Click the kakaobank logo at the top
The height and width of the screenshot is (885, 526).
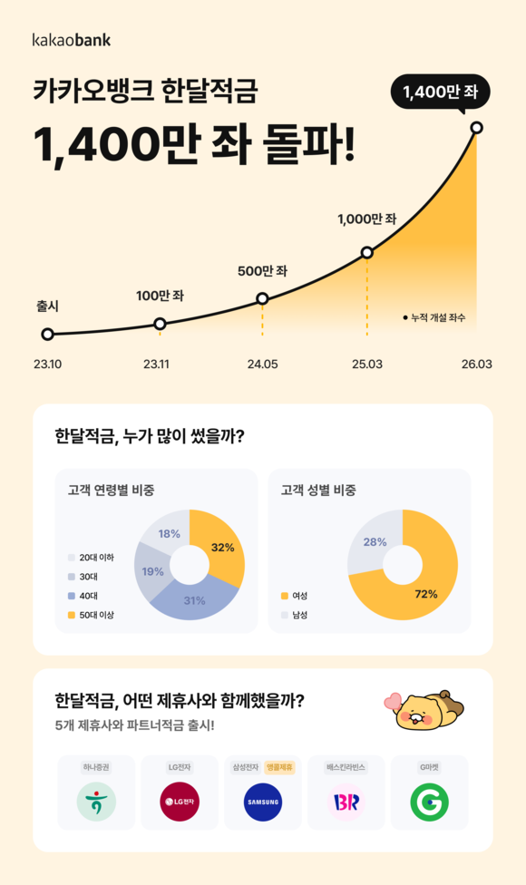[72, 40]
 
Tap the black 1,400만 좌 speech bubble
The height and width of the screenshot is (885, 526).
[441, 92]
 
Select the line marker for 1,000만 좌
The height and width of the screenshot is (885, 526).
[367, 252]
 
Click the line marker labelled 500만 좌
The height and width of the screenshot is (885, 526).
[262, 298]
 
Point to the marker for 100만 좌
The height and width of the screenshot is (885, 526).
[160, 324]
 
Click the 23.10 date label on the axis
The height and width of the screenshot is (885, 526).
[47, 365]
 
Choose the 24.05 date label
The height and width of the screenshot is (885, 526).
[262, 365]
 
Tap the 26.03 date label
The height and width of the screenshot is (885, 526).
[476, 365]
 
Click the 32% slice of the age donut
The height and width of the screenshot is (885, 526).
[223, 547]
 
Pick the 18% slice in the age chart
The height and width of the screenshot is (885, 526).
[169, 534]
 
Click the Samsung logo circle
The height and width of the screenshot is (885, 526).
[263, 802]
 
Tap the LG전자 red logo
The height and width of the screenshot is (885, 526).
[179, 802]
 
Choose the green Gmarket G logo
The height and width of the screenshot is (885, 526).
[429, 802]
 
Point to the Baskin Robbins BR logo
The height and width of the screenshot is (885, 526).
[346, 802]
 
